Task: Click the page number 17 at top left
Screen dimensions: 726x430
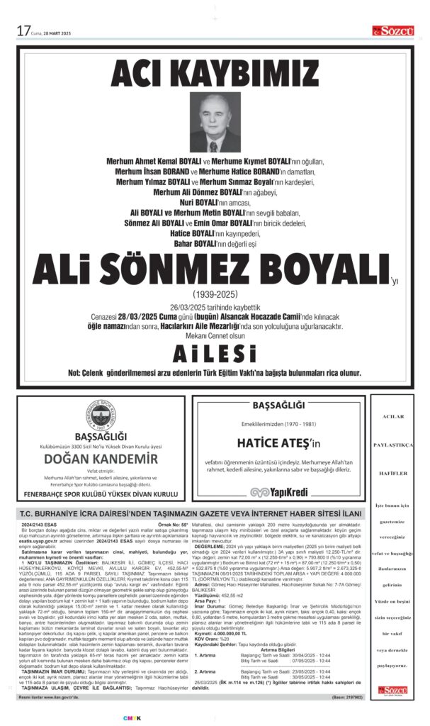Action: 23,31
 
